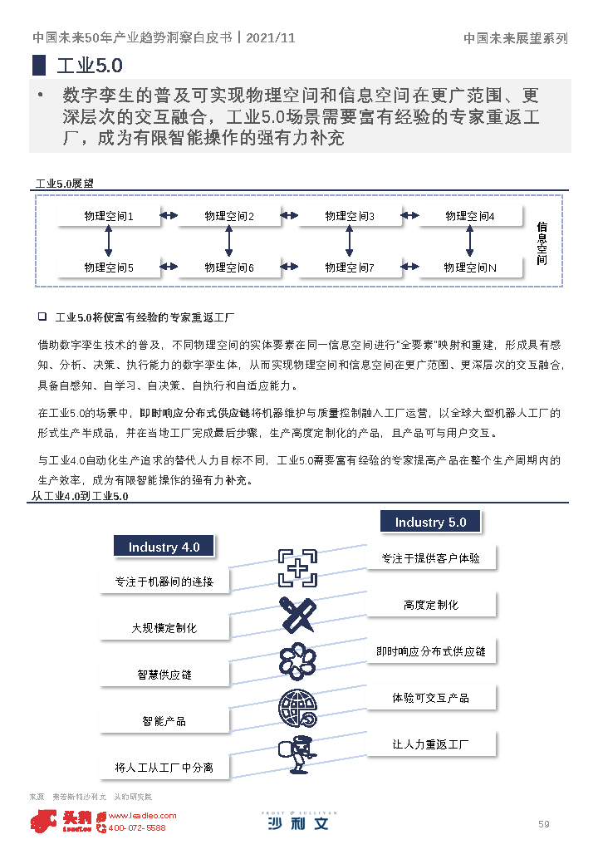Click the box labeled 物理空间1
[x=109, y=217]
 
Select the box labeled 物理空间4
[x=470, y=217]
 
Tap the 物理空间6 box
[x=229, y=268]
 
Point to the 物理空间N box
[x=470, y=268]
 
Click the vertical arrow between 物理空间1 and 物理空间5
[x=108, y=242]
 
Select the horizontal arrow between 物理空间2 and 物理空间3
[x=289, y=216]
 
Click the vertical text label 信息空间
[x=542, y=243]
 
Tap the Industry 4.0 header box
[x=164, y=547]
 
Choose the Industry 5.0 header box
[x=430, y=522]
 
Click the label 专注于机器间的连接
[x=164, y=582]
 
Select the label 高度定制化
[x=431, y=605]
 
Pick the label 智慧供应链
[x=164, y=675]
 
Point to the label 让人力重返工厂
[x=431, y=744]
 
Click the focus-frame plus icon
[x=297, y=567]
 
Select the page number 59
[x=544, y=824]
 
